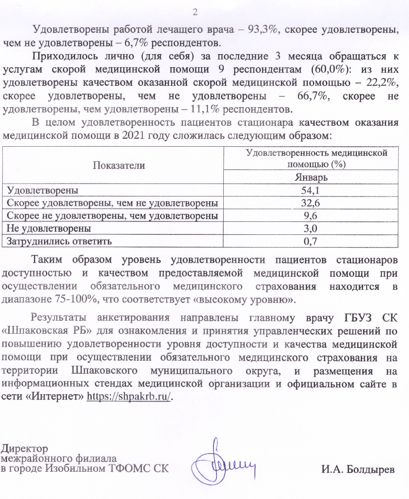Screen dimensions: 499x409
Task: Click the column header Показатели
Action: coord(113,165)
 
